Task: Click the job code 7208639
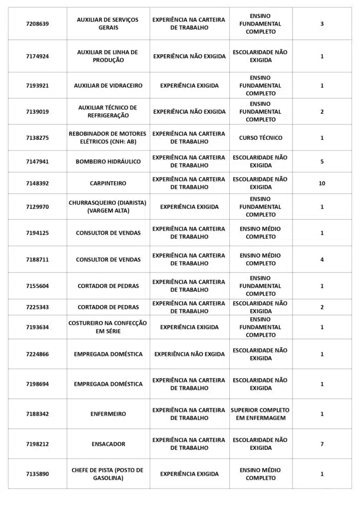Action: click(x=37, y=24)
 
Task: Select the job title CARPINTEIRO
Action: click(x=108, y=183)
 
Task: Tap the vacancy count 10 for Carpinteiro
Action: click(x=322, y=183)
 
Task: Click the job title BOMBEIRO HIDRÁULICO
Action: click(x=108, y=162)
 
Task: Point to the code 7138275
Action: click(x=37, y=138)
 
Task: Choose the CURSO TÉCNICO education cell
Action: click(x=261, y=138)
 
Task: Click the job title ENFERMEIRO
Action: click(x=108, y=414)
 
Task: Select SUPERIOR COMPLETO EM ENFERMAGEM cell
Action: click(x=260, y=414)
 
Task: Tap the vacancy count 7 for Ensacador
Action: click(x=322, y=444)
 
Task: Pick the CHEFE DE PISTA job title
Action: click(x=108, y=474)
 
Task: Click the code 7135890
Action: click(x=37, y=474)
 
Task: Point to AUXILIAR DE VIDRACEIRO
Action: click(x=108, y=85)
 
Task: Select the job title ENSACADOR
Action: click(x=108, y=444)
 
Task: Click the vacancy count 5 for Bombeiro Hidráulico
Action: click(x=322, y=162)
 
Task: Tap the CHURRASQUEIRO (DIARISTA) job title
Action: click(x=108, y=207)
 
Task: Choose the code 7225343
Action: click(x=37, y=307)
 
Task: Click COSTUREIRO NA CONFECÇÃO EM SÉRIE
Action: click(x=108, y=327)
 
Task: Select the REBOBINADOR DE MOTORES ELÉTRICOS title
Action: click(x=108, y=138)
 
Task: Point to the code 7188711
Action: click(x=37, y=259)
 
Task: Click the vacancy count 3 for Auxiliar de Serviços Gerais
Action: click(x=322, y=24)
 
